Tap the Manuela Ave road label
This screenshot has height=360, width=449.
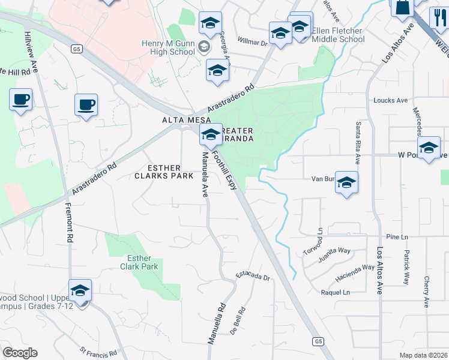[x=205, y=174]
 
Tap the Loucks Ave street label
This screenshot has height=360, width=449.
[x=390, y=100]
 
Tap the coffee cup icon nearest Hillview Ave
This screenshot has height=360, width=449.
[x=20, y=100]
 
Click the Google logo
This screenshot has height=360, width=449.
[x=20, y=353]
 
